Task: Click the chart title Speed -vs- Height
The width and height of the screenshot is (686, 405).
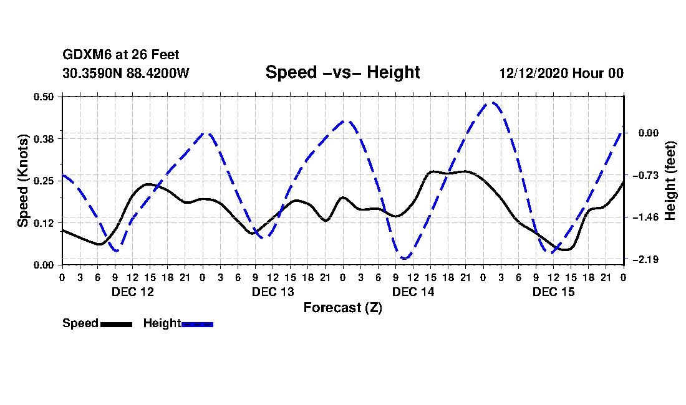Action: coord(342,72)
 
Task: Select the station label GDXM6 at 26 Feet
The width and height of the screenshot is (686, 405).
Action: coord(121,55)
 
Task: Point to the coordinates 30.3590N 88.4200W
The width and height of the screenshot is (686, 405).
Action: coord(125,73)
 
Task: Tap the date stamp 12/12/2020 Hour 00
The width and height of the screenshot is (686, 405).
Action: coord(561,73)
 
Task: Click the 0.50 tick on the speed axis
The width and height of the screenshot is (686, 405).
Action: coord(44,97)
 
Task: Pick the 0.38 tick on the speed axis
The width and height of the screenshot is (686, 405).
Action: coord(44,138)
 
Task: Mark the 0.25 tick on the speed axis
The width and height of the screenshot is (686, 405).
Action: coord(44,181)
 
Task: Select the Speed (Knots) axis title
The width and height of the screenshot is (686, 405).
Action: coord(23,180)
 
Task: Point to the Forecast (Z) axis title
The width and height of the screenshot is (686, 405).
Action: coord(342,308)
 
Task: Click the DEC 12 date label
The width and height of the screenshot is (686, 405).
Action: coord(132,292)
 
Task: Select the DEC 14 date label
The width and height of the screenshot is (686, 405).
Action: coord(413,292)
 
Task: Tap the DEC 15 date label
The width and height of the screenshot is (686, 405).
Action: coord(553,292)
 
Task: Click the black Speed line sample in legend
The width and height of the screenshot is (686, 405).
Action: coord(116,324)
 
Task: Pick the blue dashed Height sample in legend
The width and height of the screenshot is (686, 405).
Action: coord(197,324)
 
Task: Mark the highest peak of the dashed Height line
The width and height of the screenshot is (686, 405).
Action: coord(493,103)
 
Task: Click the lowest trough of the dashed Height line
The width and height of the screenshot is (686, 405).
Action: coord(405,258)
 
